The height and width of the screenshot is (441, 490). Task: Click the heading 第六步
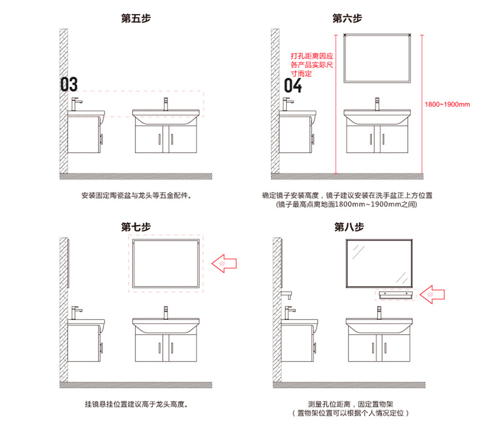coord(347,19)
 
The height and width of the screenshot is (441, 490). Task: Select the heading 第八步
coord(349,227)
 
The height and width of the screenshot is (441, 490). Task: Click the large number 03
coord(69,85)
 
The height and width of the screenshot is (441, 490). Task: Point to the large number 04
coord(293,86)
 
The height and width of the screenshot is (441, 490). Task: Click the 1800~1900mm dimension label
coord(447,104)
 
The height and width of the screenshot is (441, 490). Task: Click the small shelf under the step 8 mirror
coord(394,295)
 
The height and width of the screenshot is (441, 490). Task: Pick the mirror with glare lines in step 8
coord(380,263)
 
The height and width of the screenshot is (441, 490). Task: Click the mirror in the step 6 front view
coord(377,58)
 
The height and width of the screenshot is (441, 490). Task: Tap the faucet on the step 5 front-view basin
coord(166,104)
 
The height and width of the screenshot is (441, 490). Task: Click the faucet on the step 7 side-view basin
coord(76,312)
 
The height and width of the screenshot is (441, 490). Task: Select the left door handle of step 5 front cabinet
coord(160,139)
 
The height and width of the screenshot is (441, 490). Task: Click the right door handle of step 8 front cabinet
coord(386,347)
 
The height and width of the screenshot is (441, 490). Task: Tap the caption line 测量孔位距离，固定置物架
coord(350,404)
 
